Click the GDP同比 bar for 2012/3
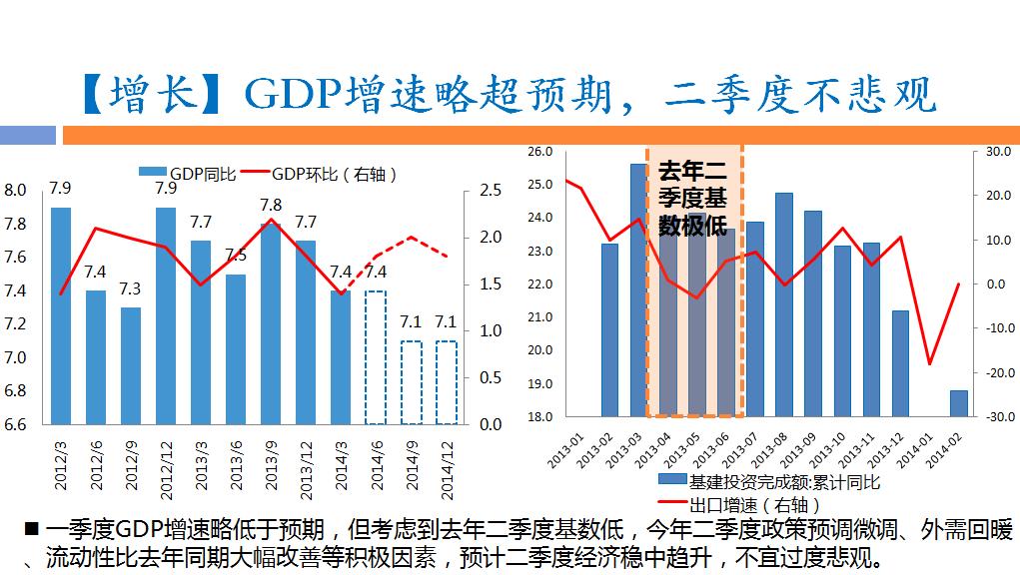(x=61, y=315)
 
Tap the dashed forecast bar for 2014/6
(x=375, y=357)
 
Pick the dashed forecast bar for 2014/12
(x=446, y=382)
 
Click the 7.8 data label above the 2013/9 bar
(x=270, y=206)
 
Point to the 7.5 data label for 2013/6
(x=236, y=256)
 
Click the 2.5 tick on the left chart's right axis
(x=491, y=191)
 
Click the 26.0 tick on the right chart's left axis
(x=539, y=152)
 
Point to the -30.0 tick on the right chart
(x=999, y=417)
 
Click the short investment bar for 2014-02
(x=959, y=403)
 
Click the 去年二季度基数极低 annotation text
(x=693, y=199)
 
